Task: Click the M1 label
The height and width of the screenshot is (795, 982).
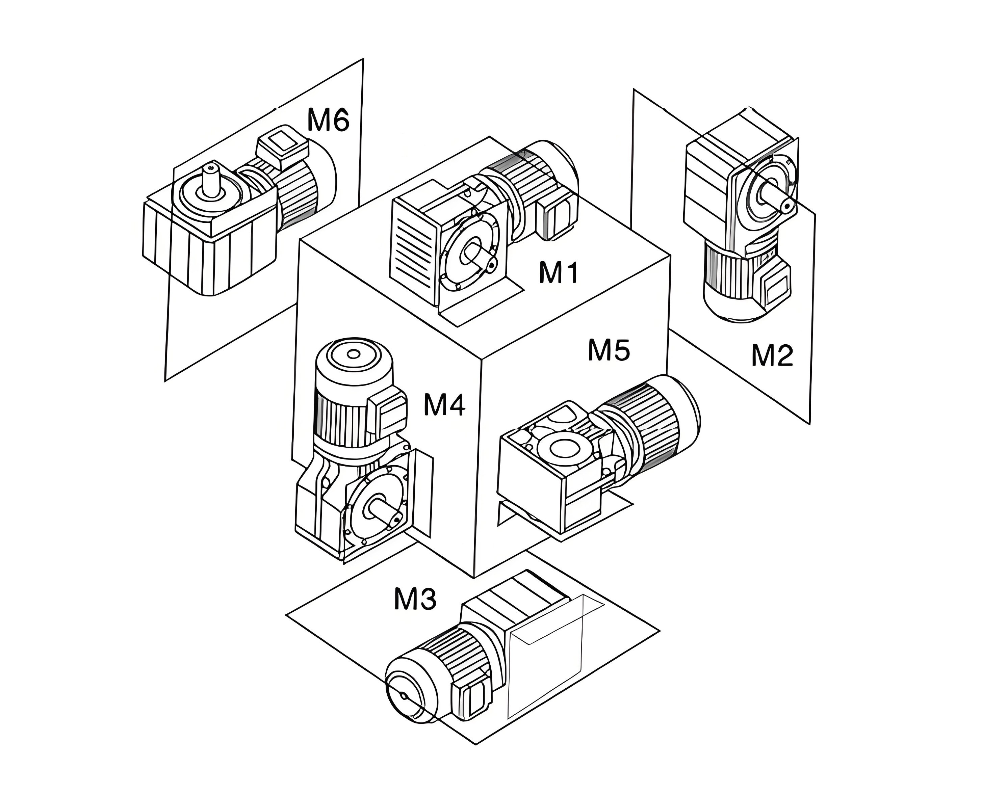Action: [x=558, y=273]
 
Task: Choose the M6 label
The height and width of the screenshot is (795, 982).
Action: [x=328, y=120]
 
